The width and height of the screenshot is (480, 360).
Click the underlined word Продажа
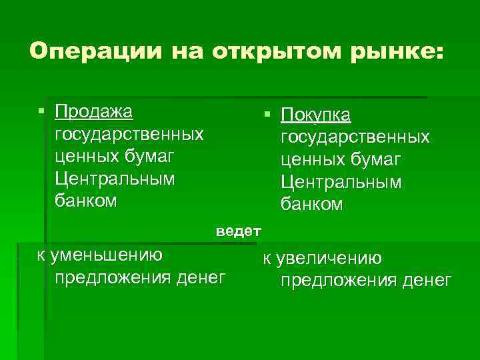click(x=94, y=110)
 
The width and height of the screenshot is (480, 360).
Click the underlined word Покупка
click(x=315, y=115)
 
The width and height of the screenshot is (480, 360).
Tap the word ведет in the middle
click(x=238, y=231)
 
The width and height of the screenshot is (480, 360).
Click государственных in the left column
click(x=129, y=135)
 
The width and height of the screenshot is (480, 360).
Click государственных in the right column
click(x=355, y=137)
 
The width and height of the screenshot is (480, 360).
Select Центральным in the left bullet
click(x=114, y=179)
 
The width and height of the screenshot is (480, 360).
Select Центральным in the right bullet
click(x=341, y=182)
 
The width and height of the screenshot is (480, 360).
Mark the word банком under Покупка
click(x=311, y=205)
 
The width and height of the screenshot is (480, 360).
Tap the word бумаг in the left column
click(x=151, y=157)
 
